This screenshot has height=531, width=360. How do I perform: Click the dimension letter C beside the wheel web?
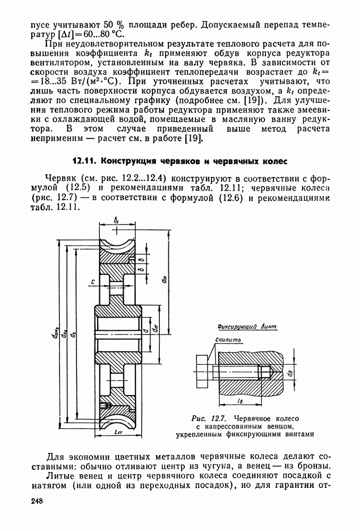click(x=93, y=282)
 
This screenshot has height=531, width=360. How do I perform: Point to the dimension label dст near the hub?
click(x=154, y=330)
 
